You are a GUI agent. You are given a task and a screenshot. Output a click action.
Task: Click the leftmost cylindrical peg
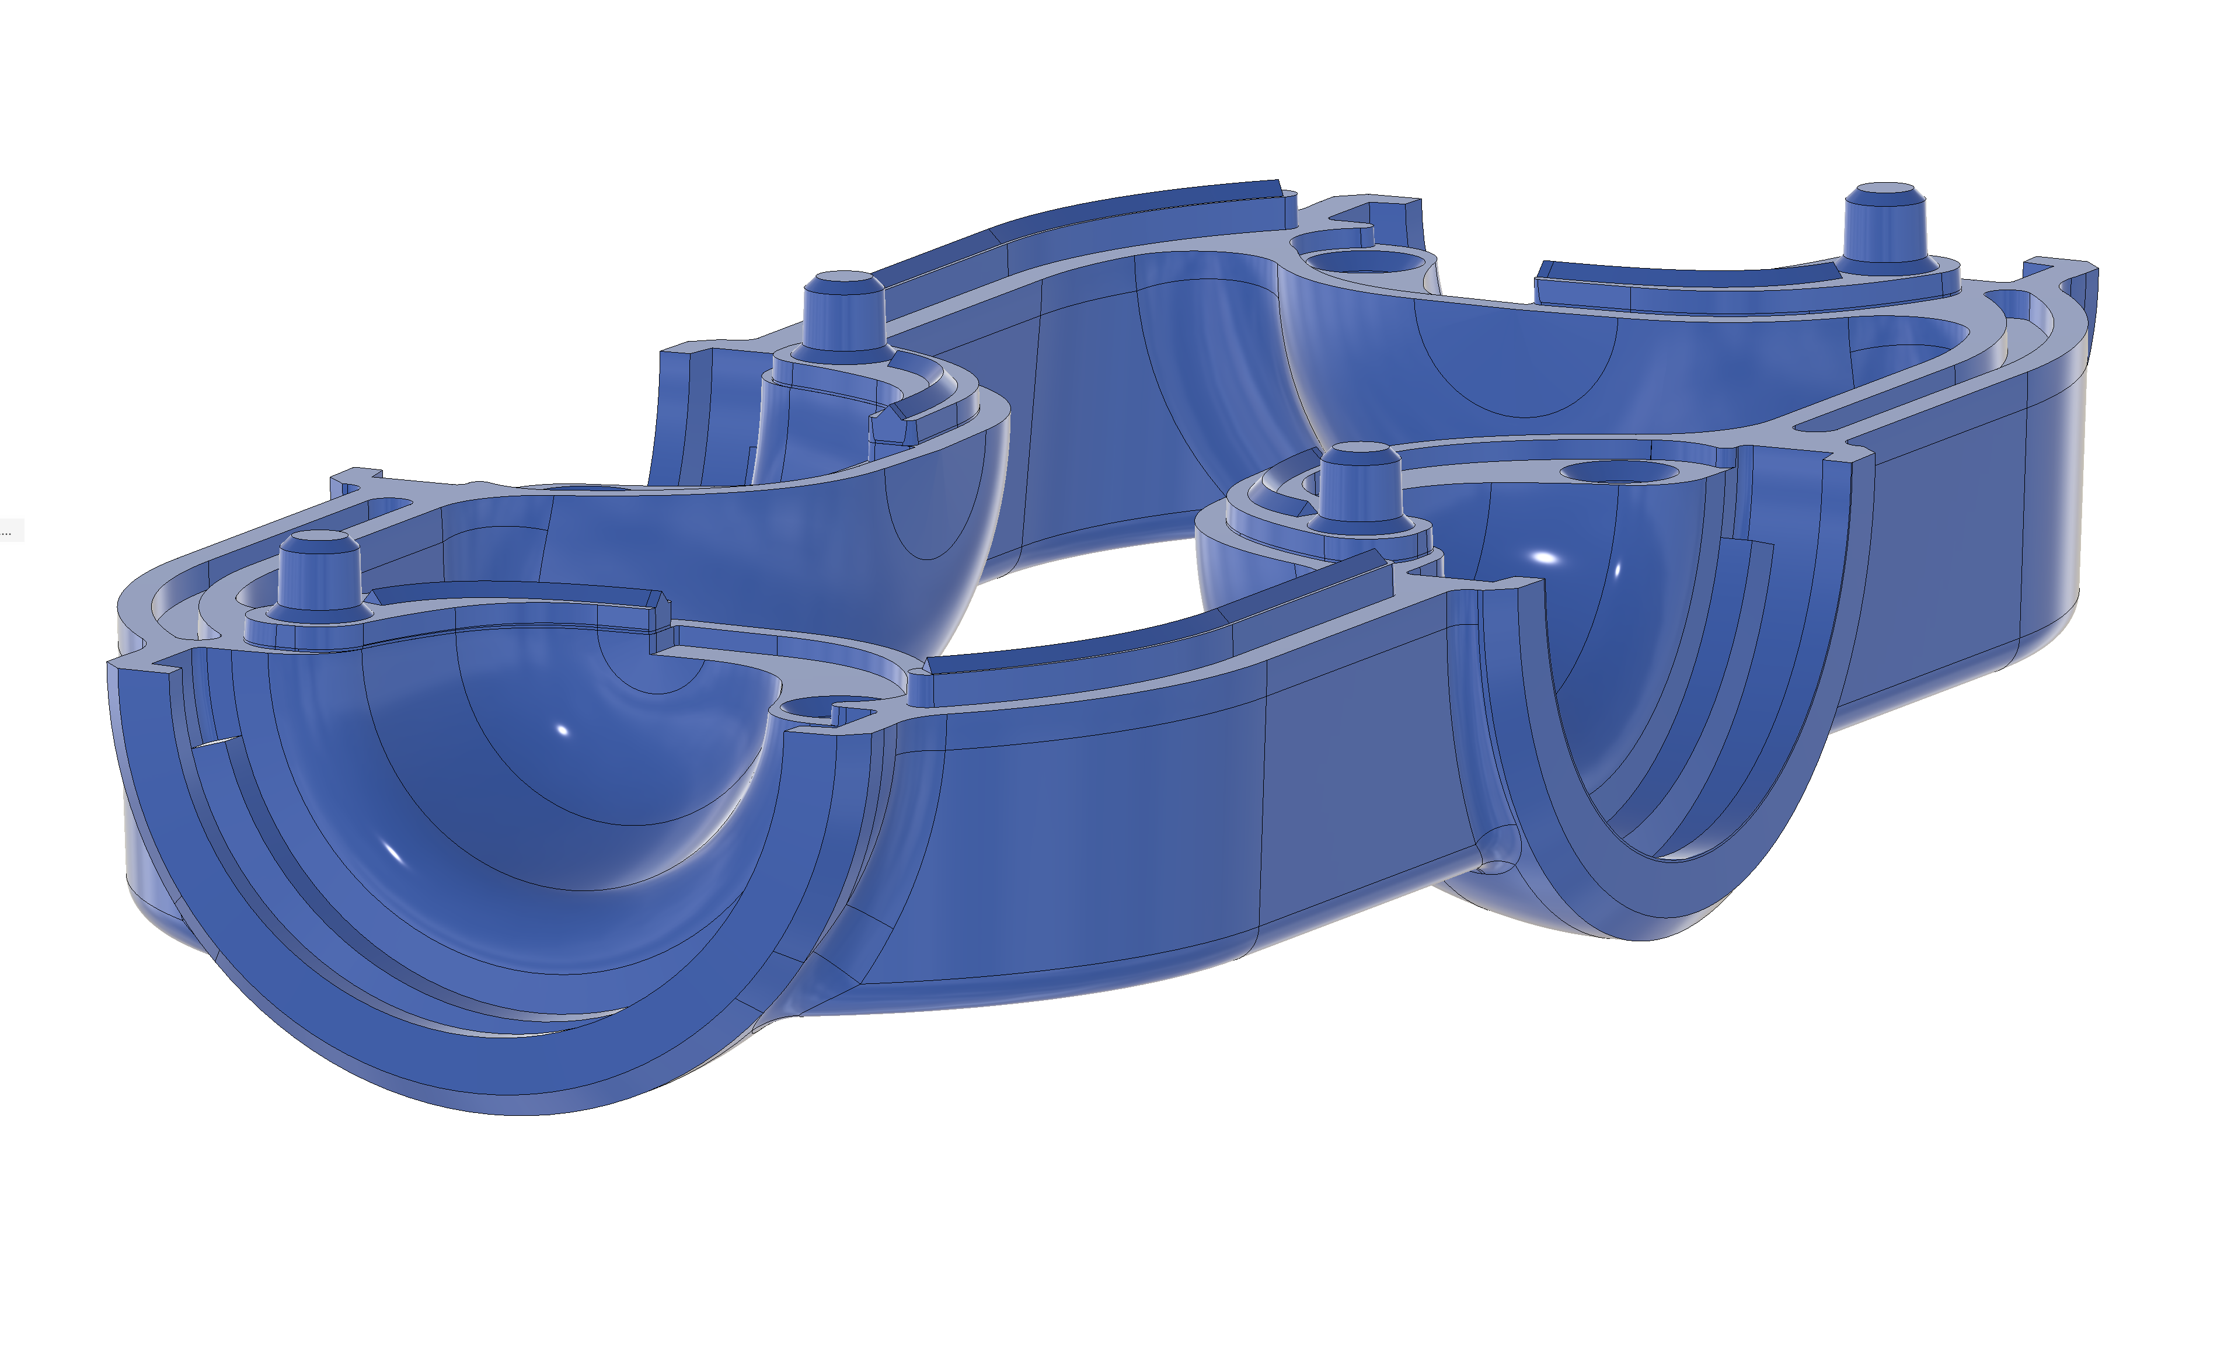pos(319,572)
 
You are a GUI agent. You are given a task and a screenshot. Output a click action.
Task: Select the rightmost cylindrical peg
pos(1885,227)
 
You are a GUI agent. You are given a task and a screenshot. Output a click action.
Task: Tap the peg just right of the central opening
pos(1360,485)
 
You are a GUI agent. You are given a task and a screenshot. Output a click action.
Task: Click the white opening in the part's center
pos(1086,597)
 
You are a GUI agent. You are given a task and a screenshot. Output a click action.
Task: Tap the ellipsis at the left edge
pos(7,531)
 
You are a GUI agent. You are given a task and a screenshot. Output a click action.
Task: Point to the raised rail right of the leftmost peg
pos(516,596)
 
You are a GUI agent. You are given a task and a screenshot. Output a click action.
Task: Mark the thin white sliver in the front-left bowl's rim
pos(215,743)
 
